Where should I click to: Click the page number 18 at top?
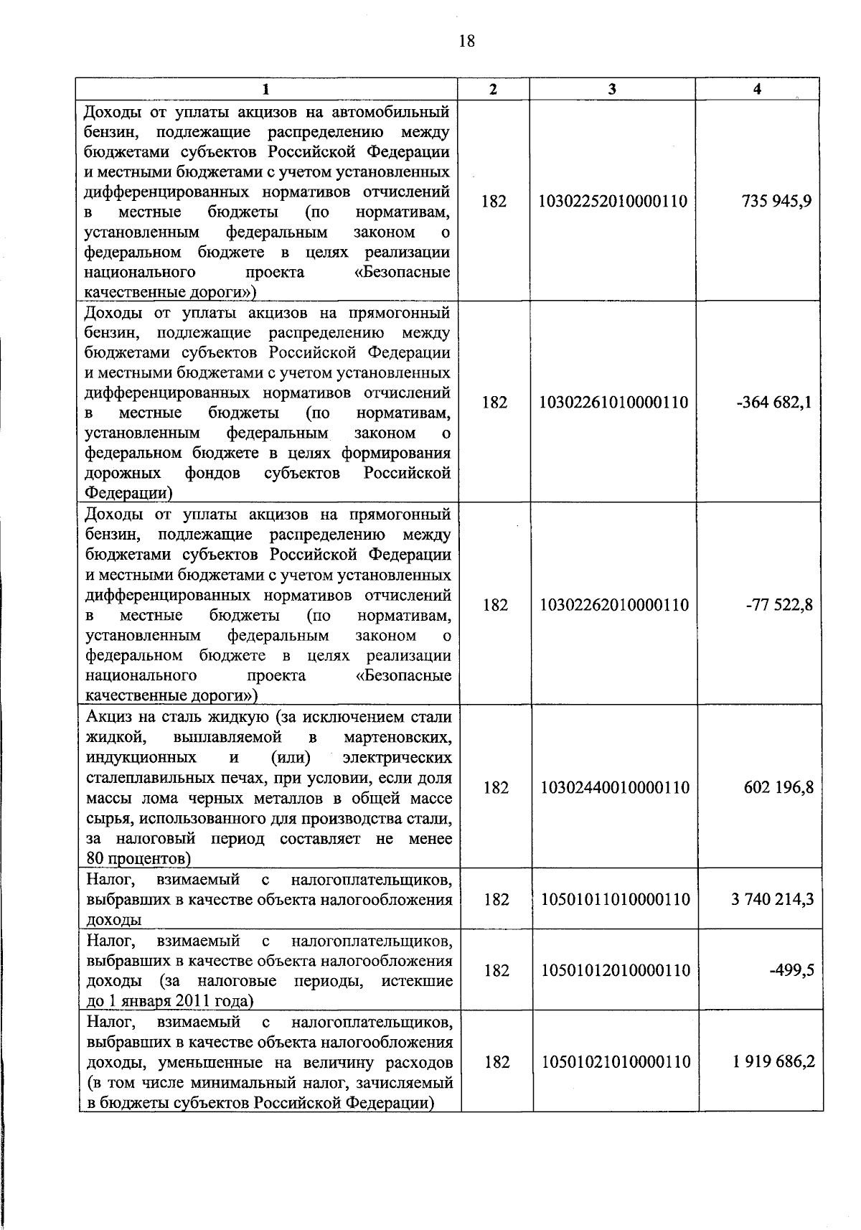(466, 41)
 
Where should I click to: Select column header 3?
(611, 89)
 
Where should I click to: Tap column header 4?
(757, 89)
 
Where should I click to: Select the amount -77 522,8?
(780, 605)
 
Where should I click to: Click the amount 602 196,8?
(778, 788)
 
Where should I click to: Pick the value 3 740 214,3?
(772, 899)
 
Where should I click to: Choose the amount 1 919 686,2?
(773, 1061)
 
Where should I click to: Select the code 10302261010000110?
(613, 403)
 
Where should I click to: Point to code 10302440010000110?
(614, 788)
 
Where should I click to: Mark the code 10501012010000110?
(615, 970)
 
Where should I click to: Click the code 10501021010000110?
(616, 1061)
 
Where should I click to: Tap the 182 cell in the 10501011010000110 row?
(496, 899)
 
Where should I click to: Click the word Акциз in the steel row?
(108, 717)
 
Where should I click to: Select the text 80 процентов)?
(137, 858)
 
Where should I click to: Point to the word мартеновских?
(398, 737)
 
